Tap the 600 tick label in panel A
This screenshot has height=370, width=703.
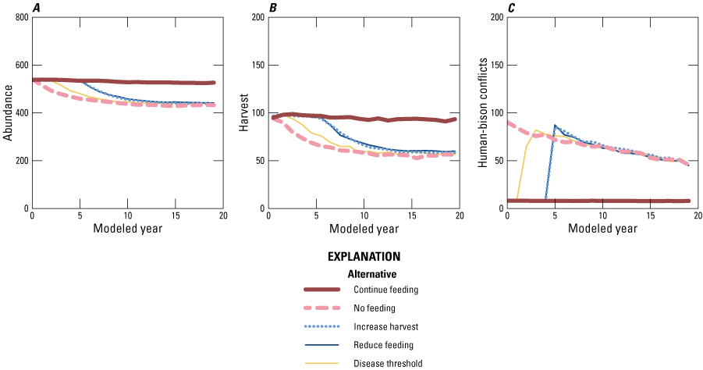pyautogui.click(x=19, y=65)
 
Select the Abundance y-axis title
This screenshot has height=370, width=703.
pyautogui.click(x=7, y=113)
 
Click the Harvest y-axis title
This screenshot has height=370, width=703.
pyautogui.click(x=243, y=113)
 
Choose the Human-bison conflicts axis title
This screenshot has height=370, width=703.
pyautogui.click(x=482, y=113)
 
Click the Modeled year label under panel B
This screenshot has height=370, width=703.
pyautogui.click(x=364, y=229)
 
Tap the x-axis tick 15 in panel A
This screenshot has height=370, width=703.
pyautogui.click(x=176, y=215)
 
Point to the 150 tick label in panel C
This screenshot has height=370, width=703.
pyautogui.click(x=493, y=65)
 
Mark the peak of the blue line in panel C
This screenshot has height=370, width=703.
pyautogui.click(x=555, y=125)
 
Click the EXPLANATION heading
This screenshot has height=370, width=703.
pyautogui.click(x=364, y=256)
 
